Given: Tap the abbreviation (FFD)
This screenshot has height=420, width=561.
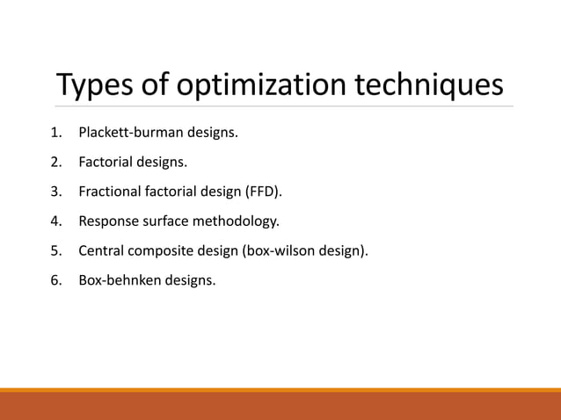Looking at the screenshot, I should (x=265, y=192).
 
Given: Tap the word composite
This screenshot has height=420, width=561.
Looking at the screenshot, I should (x=157, y=251).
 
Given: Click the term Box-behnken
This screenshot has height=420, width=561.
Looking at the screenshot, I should (x=114, y=280).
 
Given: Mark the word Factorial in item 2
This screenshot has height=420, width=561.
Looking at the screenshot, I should (x=106, y=163).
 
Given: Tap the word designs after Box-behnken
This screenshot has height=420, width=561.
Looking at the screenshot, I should (x=184, y=280).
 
